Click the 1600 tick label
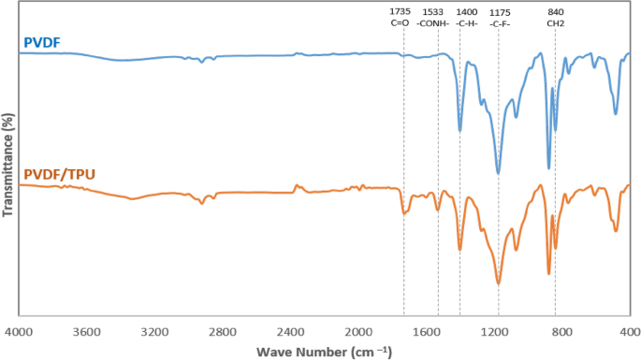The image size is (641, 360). pos(427,331)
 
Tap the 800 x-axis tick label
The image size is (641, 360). pos(562,331)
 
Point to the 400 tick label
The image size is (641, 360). pos(628,331)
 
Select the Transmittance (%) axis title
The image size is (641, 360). pos(8,166)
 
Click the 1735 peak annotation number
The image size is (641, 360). pos(400,12)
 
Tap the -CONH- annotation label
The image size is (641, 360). pos(432,24)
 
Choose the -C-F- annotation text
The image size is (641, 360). pos(501,24)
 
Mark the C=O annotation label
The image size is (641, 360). pos(400,24)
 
